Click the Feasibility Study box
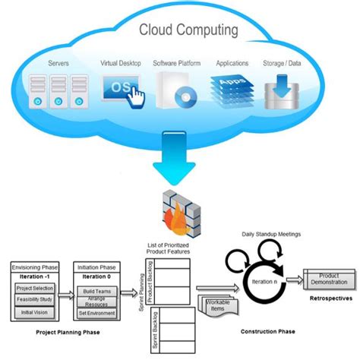[35, 302]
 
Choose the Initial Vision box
[35, 313]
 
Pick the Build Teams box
[96, 291]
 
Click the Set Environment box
[96, 312]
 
